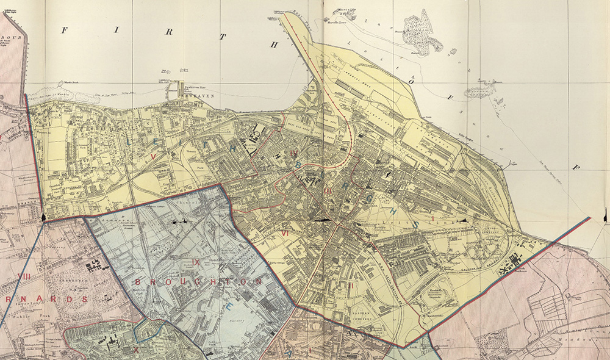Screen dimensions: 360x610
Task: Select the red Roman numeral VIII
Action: (25, 276)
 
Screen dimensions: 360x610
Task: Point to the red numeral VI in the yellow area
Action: (284, 233)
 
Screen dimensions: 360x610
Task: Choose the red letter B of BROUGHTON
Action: (138, 282)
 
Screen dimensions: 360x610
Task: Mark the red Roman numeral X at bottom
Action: (136, 350)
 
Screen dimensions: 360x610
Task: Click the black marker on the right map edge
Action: (604, 215)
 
